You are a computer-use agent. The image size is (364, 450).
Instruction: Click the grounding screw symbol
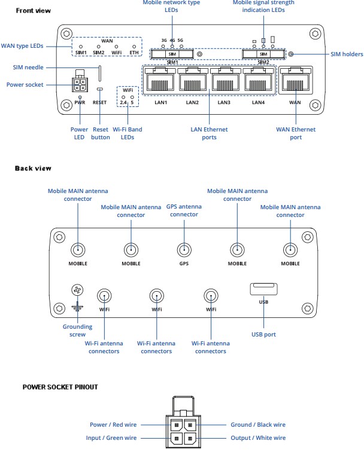pyautogui.click(x=77, y=291)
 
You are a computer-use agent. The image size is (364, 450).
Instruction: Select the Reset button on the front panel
pyautogui.click(x=100, y=90)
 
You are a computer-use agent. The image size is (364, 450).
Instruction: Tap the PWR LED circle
pyautogui.click(x=80, y=96)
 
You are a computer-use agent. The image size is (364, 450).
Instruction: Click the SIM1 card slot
pyautogui.click(x=172, y=54)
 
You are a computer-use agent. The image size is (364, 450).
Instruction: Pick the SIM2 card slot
pyautogui.click(x=263, y=54)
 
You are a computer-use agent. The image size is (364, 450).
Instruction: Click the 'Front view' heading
pyautogui.click(x=33, y=10)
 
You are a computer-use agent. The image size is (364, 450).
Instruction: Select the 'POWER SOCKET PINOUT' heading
pyautogui.click(x=60, y=387)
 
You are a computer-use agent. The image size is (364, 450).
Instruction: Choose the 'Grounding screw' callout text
pyautogui.click(x=78, y=330)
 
